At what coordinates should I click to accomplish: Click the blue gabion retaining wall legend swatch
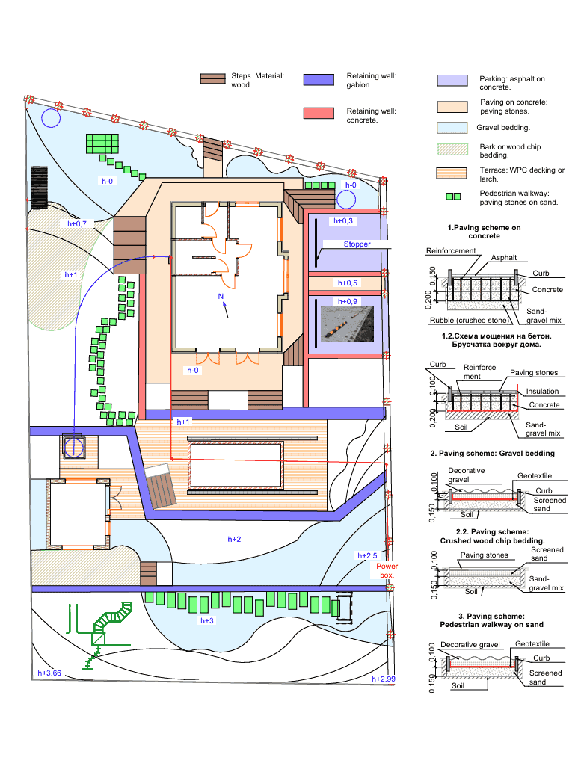point(319,80)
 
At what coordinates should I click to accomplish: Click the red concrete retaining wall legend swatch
point(319,113)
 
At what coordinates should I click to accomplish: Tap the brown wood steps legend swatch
point(213,78)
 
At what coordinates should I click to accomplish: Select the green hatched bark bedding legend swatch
point(452,149)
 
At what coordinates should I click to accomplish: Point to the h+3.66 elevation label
point(49,673)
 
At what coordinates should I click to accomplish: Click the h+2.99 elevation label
point(383,679)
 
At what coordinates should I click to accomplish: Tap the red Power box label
point(387,570)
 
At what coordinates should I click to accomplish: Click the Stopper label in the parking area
point(357,244)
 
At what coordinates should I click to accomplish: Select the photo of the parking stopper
point(347,324)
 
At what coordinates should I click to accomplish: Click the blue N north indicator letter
point(221,297)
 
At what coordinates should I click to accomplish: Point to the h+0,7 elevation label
point(77,223)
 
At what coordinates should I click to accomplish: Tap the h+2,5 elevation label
point(367,555)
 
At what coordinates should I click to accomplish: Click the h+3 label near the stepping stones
point(207,620)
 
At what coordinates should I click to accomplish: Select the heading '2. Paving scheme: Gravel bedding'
point(492,453)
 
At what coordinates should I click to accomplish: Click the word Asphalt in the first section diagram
point(504,258)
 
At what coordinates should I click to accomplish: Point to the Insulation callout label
point(542,392)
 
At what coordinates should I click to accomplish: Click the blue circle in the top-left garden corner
point(51,118)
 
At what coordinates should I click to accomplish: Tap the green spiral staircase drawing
point(106,630)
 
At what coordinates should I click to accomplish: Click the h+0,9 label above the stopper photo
point(347,301)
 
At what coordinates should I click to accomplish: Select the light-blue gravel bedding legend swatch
point(452,128)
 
